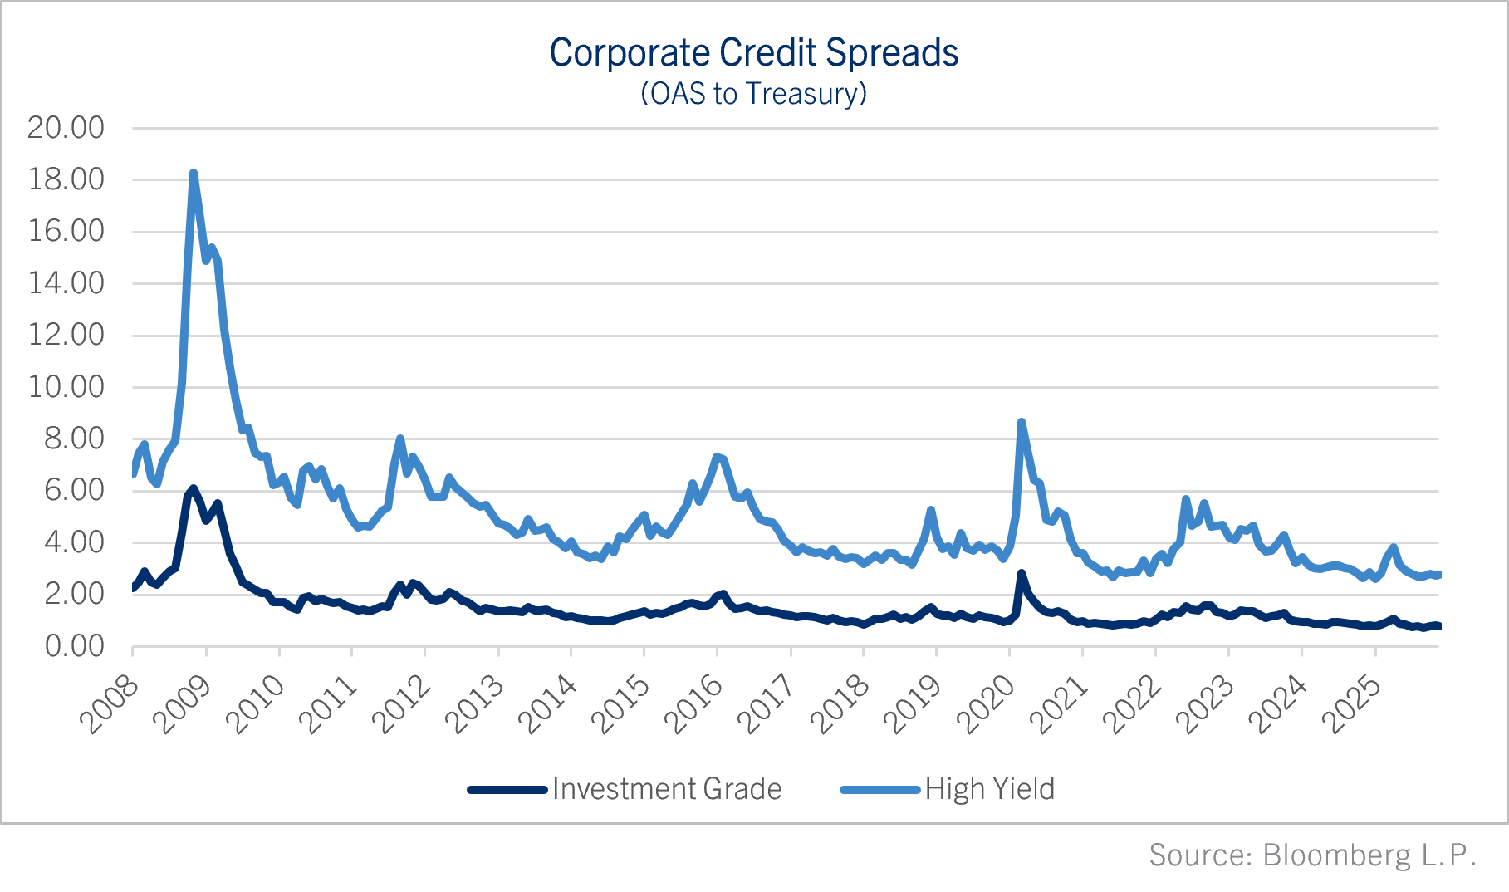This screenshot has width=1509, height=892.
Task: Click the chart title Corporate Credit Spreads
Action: (x=753, y=53)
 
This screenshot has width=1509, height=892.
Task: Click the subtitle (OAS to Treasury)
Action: (x=753, y=94)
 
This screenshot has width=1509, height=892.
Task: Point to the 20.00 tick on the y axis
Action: (x=66, y=128)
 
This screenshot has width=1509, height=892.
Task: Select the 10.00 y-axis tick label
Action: (x=66, y=387)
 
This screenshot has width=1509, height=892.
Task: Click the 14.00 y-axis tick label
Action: (x=66, y=283)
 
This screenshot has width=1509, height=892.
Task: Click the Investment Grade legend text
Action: (x=667, y=789)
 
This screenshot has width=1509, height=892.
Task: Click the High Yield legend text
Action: (x=989, y=789)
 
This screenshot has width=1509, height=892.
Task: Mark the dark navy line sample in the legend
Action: (x=507, y=789)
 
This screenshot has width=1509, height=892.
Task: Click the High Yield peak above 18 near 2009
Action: (x=194, y=174)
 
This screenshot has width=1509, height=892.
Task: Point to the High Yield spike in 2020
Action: (x=1022, y=423)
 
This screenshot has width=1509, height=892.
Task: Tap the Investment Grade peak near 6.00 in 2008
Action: (x=193, y=488)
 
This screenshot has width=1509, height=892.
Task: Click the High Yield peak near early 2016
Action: (x=717, y=456)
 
